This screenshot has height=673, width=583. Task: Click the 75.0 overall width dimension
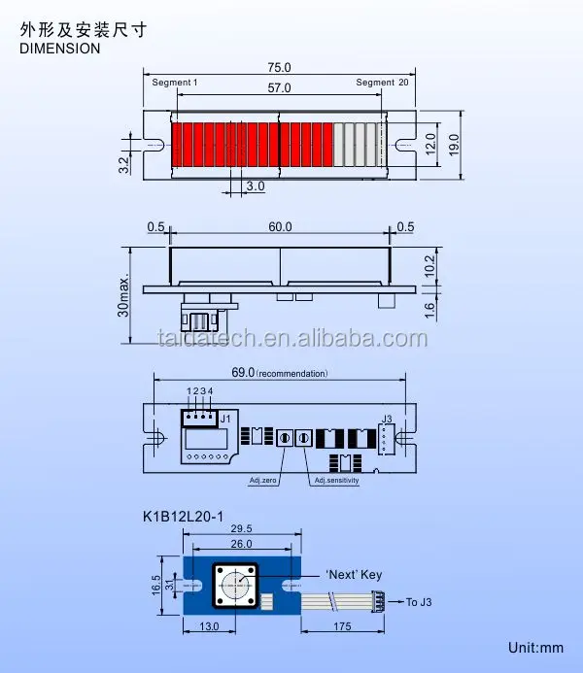(x=279, y=68)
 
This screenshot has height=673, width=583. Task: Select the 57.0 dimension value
(x=279, y=88)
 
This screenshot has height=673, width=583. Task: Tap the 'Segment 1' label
(x=175, y=84)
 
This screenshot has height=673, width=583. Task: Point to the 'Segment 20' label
(x=382, y=84)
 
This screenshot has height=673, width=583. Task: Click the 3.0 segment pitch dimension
(x=255, y=185)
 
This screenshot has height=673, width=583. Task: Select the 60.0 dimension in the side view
(x=280, y=227)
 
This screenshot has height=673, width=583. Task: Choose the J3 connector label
(x=386, y=420)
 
